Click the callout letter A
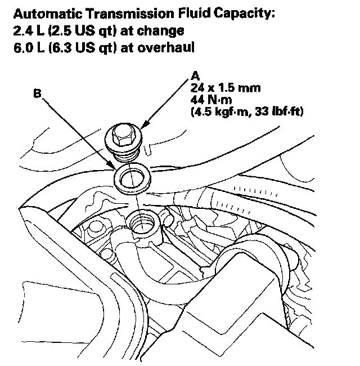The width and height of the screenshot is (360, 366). coord(195,75)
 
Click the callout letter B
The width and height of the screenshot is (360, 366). coord(37,96)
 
